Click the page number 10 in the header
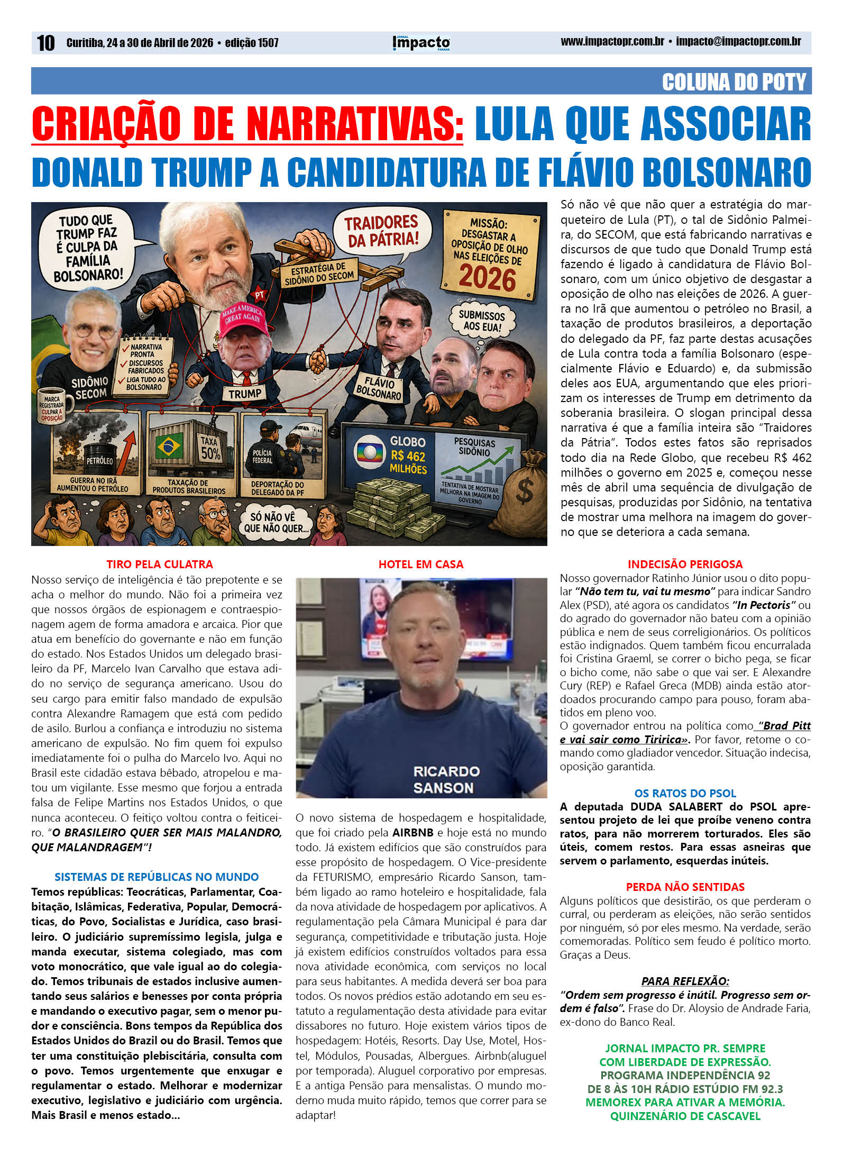45,43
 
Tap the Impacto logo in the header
421,43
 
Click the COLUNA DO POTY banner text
734,82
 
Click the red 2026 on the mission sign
487,278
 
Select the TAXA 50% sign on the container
210,448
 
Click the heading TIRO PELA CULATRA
159,564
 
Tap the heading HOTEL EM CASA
421,564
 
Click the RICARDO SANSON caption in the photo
446,779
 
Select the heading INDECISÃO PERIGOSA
685,564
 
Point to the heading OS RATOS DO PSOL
685,793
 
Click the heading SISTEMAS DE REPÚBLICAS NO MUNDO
157,877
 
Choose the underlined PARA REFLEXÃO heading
685,981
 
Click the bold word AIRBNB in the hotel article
413,832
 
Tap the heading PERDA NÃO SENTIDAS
685,887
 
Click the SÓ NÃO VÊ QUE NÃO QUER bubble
273,522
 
